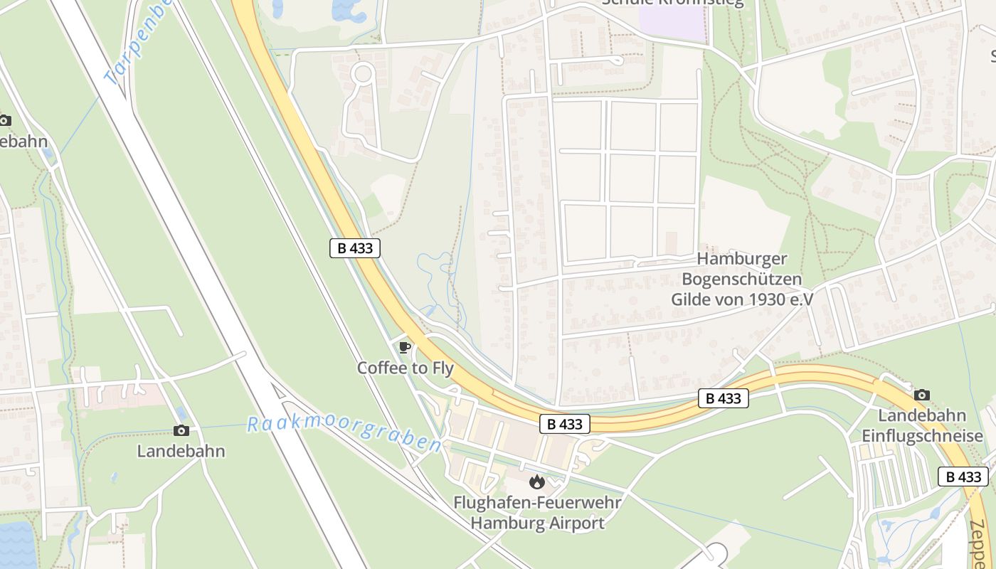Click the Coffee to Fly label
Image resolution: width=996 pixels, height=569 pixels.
(405, 368)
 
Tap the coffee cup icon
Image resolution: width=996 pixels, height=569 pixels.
(405, 348)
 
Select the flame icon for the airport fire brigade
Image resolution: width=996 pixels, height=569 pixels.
(537, 482)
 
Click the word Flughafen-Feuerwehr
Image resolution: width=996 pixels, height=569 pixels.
(537, 503)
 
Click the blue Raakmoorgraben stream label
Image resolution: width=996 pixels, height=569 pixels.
(344, 434)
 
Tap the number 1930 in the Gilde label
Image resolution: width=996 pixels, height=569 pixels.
(768, 299)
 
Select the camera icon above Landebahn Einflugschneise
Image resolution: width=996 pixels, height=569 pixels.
(922, 395)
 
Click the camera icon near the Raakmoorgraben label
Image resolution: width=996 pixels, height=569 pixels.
(181, 430)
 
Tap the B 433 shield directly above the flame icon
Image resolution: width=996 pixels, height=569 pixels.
(565, 424)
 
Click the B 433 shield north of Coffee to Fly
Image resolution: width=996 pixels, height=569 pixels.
(355, 248)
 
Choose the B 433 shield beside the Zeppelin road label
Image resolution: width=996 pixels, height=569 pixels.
(963, 477)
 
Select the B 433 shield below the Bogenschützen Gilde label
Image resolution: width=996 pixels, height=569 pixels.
(724, 398)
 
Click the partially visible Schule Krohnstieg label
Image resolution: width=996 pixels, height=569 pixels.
(672, 3)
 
